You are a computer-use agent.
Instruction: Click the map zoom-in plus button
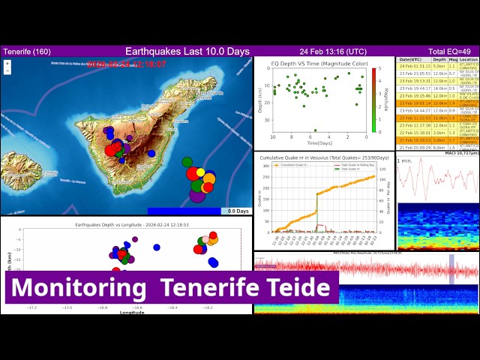point(7,64)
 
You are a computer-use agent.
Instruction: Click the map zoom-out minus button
point(7,72)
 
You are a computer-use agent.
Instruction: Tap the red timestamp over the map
point(126,64)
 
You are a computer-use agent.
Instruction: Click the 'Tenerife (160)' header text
point(27,51)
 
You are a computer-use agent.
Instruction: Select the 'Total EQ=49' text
point(453,51)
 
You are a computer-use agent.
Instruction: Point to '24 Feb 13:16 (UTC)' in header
point(333,51)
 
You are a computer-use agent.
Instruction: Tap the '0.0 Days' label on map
point(238,211)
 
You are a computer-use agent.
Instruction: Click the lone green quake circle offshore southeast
point(187,161)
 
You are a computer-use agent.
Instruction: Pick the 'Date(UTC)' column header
point(410,59)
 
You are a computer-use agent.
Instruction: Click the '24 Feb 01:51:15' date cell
point(414,66)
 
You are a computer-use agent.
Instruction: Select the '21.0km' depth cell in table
point(439,118)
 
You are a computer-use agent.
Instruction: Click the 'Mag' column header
point(452,59)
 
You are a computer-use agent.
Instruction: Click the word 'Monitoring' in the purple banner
point(78,288)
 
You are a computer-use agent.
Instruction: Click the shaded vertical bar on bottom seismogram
point(451,268)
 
